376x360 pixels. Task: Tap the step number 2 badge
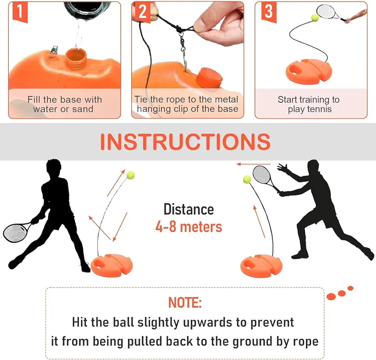[142, 12]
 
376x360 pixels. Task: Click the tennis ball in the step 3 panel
[314, 17]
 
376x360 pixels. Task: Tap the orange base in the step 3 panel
[309, 71]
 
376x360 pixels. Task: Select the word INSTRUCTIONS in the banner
[185, 141]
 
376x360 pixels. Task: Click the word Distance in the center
[188, 210]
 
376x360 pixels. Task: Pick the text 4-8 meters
[188, 227]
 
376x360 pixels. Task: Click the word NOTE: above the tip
[185, 302]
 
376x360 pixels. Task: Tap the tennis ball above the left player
[130, 175]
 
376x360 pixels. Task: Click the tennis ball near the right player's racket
[247, 179]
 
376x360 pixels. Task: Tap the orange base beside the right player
[261, 265]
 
